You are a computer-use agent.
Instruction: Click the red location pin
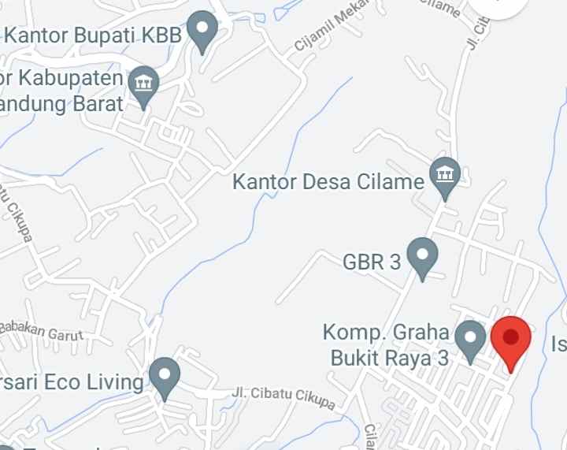point(511,340)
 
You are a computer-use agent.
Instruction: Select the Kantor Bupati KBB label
point(94,35)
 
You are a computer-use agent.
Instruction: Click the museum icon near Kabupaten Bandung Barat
point(143,84)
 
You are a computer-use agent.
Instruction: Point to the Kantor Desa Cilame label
point(328,182)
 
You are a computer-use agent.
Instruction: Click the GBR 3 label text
point(372,262)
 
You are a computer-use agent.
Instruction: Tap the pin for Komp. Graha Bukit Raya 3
point(471,339)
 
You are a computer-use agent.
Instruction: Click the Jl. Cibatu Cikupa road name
point(283,398)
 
